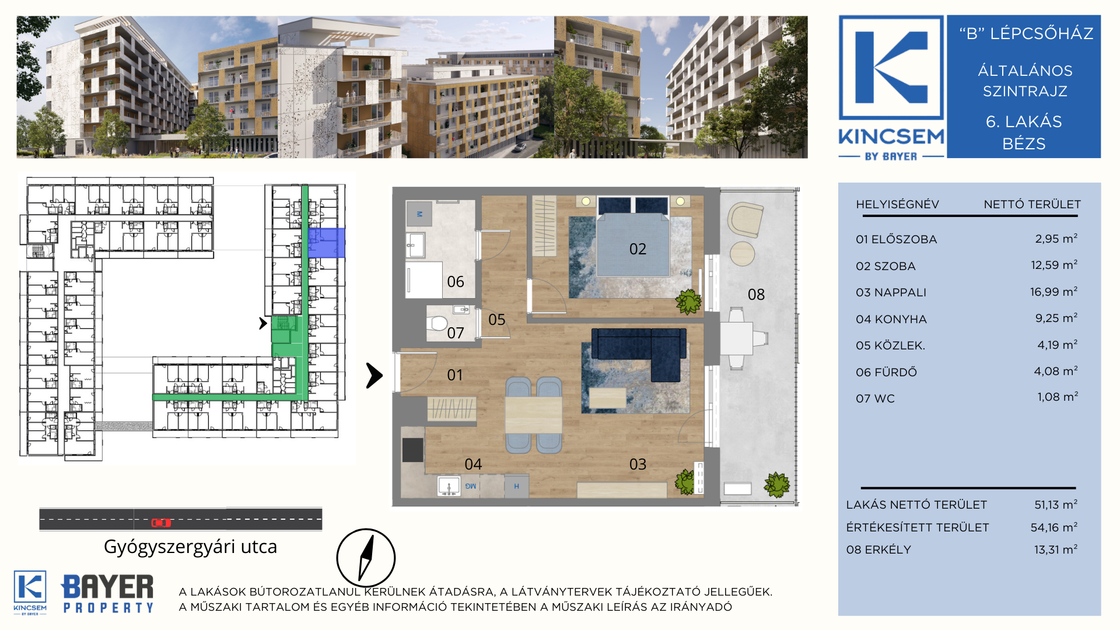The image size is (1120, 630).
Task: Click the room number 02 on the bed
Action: [638, 249]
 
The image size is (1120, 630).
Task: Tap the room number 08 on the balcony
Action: [756, 295]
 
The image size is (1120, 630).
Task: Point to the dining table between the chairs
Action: [533, 415]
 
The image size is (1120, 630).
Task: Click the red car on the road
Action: [161, 523]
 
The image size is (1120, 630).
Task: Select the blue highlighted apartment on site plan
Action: [327, 243]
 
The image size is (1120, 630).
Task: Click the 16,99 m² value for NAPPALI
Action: [1053, 292]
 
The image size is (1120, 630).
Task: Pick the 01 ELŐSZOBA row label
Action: [896, 239]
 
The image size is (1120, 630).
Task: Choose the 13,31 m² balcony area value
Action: [1056, 549]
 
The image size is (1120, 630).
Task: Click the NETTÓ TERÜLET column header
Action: [1032, 204]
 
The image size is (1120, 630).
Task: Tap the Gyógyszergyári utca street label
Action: [190, 547]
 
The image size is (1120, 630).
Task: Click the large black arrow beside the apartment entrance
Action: [374, 376]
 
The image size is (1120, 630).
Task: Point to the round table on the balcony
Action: [742, 254]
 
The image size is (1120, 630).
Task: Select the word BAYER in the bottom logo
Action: [108, 587]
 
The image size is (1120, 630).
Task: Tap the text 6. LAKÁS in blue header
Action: [1024, 121]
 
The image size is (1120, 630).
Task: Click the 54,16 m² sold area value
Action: [1053, 527]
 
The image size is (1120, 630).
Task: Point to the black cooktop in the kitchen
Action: [412, 450]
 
